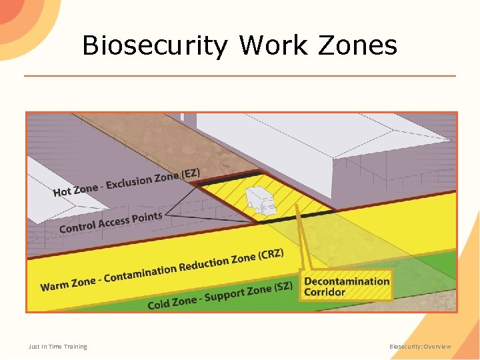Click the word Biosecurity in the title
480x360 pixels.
coord(155,46)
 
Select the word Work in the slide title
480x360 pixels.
coord(273,45)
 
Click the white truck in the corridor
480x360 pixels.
coord(261,201)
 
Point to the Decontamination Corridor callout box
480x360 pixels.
coord(346,286)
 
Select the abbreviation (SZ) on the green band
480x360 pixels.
coord(283,288)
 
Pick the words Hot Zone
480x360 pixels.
coord(75,190)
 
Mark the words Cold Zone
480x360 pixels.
coord(172,303)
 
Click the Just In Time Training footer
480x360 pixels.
coord(57,347)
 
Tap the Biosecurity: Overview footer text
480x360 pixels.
coord(421,347)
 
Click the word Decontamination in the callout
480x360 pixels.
coord(347,281)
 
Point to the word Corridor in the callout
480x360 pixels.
coord(325,292)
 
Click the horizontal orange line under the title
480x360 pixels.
coord(240,75)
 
